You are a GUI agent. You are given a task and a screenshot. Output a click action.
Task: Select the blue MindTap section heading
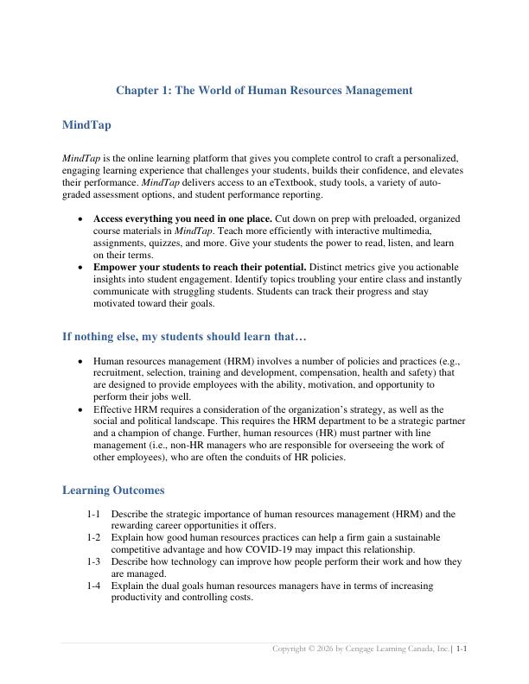tap(86, 125)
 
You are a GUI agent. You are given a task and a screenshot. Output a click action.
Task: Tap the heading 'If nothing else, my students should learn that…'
tap(184, 336)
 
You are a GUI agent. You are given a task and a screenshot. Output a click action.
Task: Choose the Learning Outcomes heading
tap(113, 491)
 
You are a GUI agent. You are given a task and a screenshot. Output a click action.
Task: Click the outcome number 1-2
tap(94, 537)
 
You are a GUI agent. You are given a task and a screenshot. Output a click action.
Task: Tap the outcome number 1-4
tap(94, 586)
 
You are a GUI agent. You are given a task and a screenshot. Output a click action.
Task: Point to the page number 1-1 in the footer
tap(462, 648)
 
